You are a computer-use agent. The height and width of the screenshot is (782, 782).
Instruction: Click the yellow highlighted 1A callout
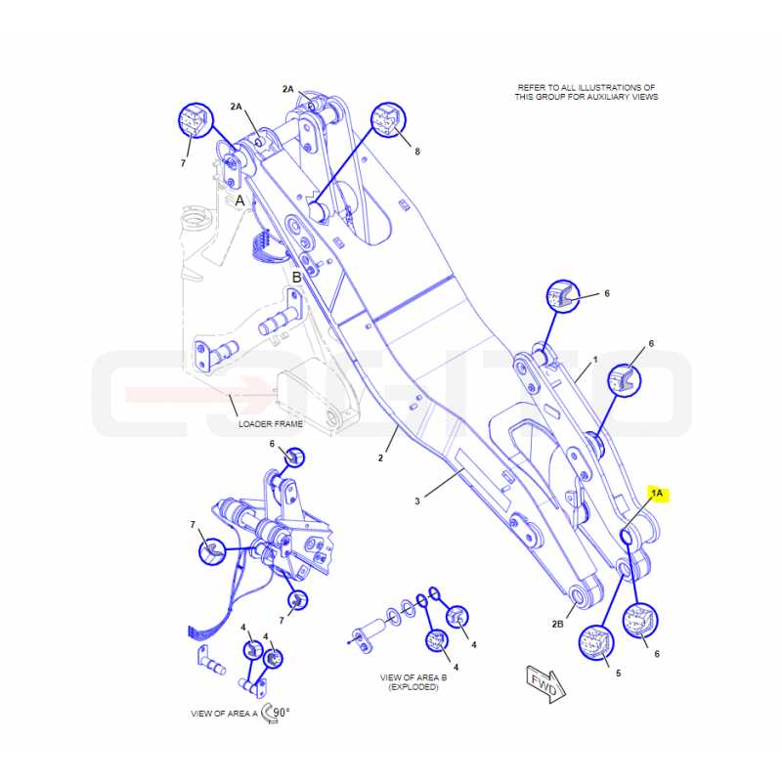pyautogui.click(x=657, y=494)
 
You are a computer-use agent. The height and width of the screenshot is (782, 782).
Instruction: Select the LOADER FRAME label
pyautogui.click(x=271, y=424)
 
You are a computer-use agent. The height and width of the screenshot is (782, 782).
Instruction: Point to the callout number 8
pyautogui.click(x=417, y=152)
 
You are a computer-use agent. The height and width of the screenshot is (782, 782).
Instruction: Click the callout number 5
pyautogui.click(x=619, y=673)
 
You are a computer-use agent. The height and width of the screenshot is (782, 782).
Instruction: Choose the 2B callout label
pyautogui.click(x=557, y=624)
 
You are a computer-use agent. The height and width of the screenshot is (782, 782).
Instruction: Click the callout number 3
pyautogui.click(x=417, y=501)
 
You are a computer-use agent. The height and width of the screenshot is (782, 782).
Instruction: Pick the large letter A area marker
pyautogui.click(x=239, y=200)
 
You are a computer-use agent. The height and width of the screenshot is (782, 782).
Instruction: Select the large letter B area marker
pyautogui.click(x=297, y=278)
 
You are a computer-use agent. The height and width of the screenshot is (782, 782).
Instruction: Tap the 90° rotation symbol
pyautogui.click(x=276, y=714)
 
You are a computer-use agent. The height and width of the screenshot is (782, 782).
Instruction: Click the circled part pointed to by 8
pyautogui.click(x=388, y=121)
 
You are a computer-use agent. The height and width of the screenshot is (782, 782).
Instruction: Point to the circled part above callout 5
pyautogui.click(x=596, y=643)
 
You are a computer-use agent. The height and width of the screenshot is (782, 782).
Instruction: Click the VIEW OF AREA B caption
pyautogui.click(x=413, y=682)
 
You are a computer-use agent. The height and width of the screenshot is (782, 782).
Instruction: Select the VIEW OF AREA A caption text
pyautogui.click(x=225, y=714)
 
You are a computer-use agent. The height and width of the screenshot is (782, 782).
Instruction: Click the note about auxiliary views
pyautogui.click(x=586, y=92)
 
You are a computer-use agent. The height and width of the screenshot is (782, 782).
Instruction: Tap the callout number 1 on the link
pyautogui.click(x=595, y=360)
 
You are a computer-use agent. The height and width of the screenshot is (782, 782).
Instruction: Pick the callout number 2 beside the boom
pyautogui.click(x=380, y=457)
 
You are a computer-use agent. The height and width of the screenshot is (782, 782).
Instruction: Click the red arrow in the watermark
pyautogui.click(x=198, y=394)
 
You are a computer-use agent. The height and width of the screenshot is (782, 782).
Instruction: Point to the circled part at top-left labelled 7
pyautogui.click(x=195, y=120)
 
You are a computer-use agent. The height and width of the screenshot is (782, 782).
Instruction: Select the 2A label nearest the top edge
pyautogui.click(x=288, y=89)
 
